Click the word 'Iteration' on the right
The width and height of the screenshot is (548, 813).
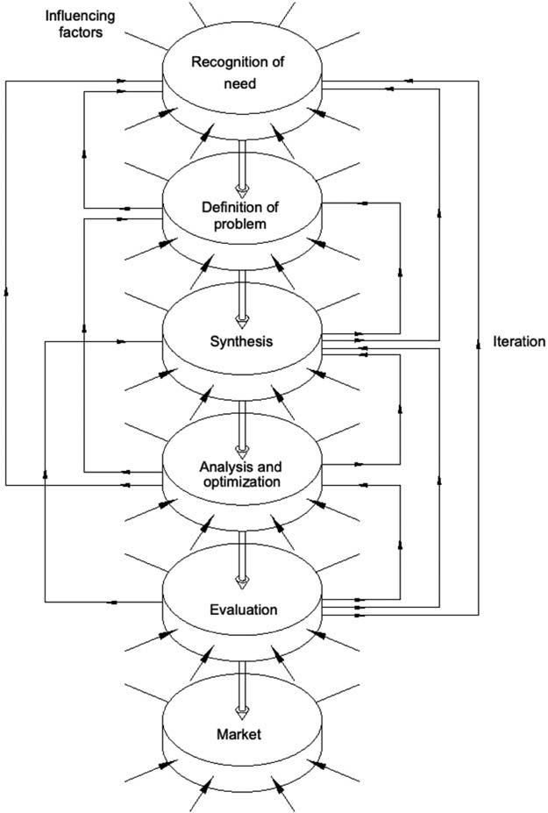[519, 341]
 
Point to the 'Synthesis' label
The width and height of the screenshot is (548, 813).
[243, 340]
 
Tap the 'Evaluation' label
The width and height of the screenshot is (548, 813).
[244, 609]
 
